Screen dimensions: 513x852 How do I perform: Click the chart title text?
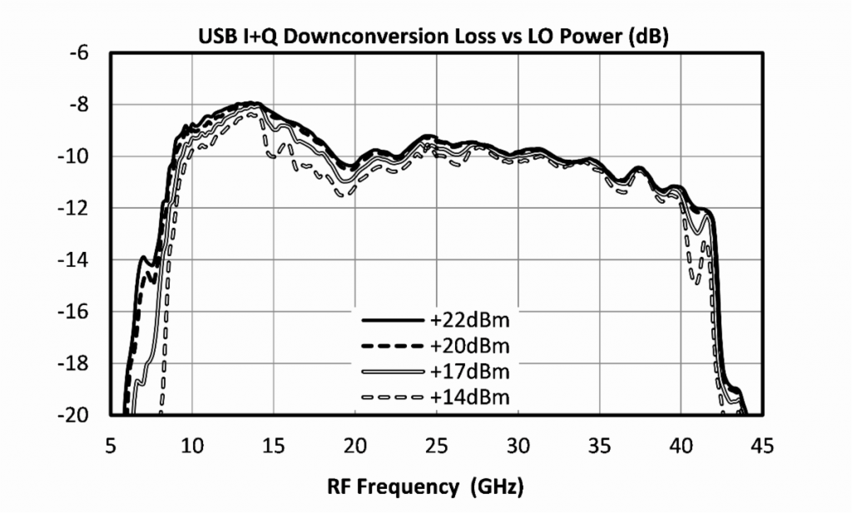click(433, 37)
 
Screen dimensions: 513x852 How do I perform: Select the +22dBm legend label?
click(469, 320)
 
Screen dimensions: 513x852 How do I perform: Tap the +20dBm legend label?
click(469, 345)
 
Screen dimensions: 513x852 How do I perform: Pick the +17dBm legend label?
click(469, 371)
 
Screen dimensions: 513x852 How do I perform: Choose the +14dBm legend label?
click(469, 397)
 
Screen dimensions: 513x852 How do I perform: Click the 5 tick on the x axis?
click(111, 447)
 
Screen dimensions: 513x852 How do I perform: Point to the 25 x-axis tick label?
click(436, 447)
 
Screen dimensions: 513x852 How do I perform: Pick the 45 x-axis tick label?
click(761, 447)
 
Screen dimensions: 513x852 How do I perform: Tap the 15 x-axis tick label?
click(274, 447)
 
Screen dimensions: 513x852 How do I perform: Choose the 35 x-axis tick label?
click(599, 447)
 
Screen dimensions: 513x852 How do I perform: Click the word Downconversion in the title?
click(349, 37)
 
